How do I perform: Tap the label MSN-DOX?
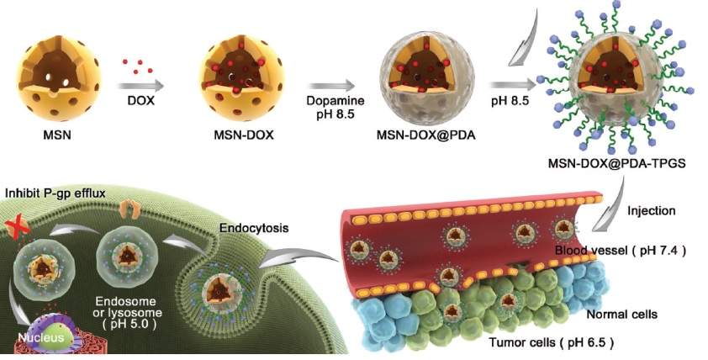click(232, 134)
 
